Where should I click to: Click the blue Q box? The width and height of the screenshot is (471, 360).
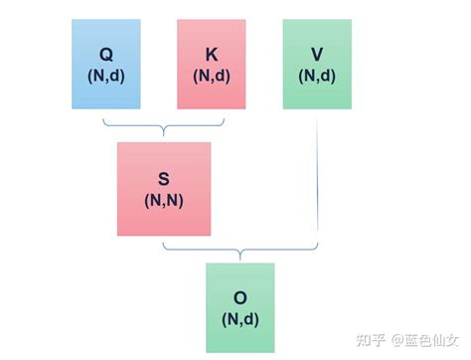tap(106, 64)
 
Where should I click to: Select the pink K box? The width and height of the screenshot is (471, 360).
tap(211, 64)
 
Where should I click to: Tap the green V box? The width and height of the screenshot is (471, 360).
tap(317, 64)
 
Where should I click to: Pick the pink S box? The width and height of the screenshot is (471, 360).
tap(163, 189)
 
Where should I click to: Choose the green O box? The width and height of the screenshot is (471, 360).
tap(239, 306)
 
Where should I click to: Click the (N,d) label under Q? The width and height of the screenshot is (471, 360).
tap(106, 75)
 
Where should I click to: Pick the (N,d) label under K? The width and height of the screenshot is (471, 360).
tap(211, 75)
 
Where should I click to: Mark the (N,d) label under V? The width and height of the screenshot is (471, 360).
tap(317, 75)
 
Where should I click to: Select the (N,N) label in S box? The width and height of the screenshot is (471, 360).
tap(163, 200)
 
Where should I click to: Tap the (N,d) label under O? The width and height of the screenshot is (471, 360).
tap(239, 318)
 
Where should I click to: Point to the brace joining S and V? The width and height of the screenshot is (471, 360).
tap(240, 249)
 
